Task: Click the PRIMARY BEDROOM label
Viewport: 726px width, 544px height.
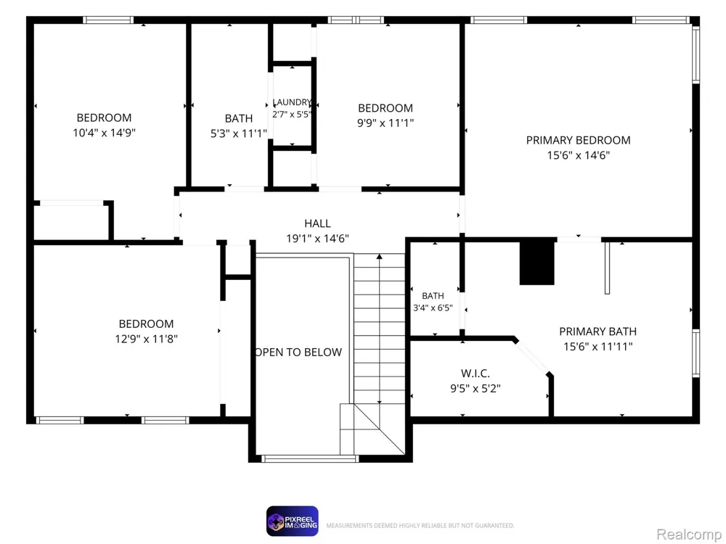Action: coord(578,140)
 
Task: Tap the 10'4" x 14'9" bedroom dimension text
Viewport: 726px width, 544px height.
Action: coord(104,133)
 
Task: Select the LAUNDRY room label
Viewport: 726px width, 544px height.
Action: coord(292,102)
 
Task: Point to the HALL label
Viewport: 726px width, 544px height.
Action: coord(318,223)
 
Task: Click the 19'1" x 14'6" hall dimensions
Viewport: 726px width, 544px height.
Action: coord(318,238)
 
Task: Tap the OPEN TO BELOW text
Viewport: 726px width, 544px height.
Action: coord(298,352)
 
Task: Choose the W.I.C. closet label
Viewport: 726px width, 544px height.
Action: coord(476,374)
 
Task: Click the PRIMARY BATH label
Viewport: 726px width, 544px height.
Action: coord(597,331)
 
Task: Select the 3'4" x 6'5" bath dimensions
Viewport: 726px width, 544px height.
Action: coord(433,308)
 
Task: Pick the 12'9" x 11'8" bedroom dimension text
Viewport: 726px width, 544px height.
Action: coord(147,339)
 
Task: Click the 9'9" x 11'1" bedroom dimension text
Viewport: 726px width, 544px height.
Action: coord(386,123)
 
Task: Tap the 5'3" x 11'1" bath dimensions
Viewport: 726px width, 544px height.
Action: coord(239,133)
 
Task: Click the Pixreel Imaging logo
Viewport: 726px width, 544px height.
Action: coord(292,522)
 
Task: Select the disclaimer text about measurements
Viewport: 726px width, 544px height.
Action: coord(420,525)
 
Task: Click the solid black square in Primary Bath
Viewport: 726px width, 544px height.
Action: coord(537,262)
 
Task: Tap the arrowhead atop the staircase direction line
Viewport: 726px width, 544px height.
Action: coord(379,256)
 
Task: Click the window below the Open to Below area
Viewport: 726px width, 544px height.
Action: coord(310,458)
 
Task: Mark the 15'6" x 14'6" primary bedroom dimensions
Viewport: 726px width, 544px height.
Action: coord(579,155)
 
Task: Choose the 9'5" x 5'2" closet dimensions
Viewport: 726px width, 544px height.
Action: coord(476,388)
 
